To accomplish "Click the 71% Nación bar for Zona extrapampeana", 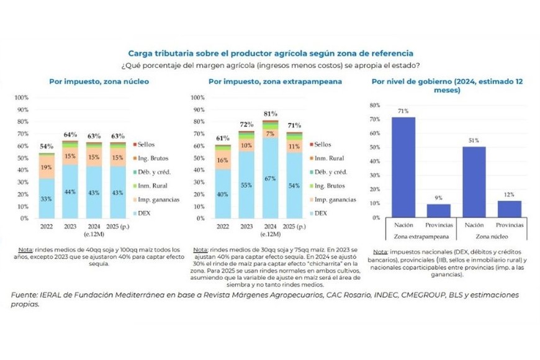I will (x=403, y=168).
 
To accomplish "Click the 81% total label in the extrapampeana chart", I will (x=270, y=114).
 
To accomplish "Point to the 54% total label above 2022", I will (x=45, y=146).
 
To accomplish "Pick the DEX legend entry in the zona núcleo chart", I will (x=144, y=212).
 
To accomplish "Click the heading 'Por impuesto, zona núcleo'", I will (x=99, y=81).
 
